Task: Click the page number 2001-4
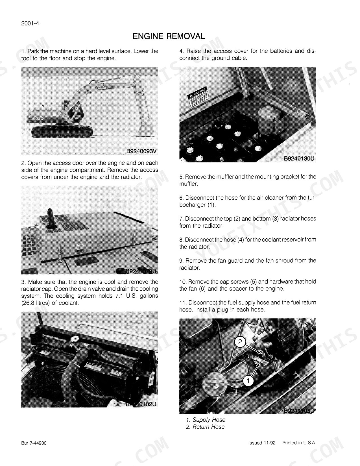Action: [30, 23]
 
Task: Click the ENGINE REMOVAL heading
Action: [169, 36]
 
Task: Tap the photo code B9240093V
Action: [141, 151]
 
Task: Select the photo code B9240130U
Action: [299, 158]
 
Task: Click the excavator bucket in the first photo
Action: [144, 129]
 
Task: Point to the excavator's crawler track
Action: [62, 131]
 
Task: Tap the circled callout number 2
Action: [240, 342]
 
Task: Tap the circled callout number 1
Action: [248, 381]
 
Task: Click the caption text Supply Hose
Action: [209, 420]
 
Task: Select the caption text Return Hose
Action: [208, 427]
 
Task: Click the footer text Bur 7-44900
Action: [34, 443]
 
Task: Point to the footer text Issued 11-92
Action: [262, 443]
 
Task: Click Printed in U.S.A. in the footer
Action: [299, 443]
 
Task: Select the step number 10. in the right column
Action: [183, 282]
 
